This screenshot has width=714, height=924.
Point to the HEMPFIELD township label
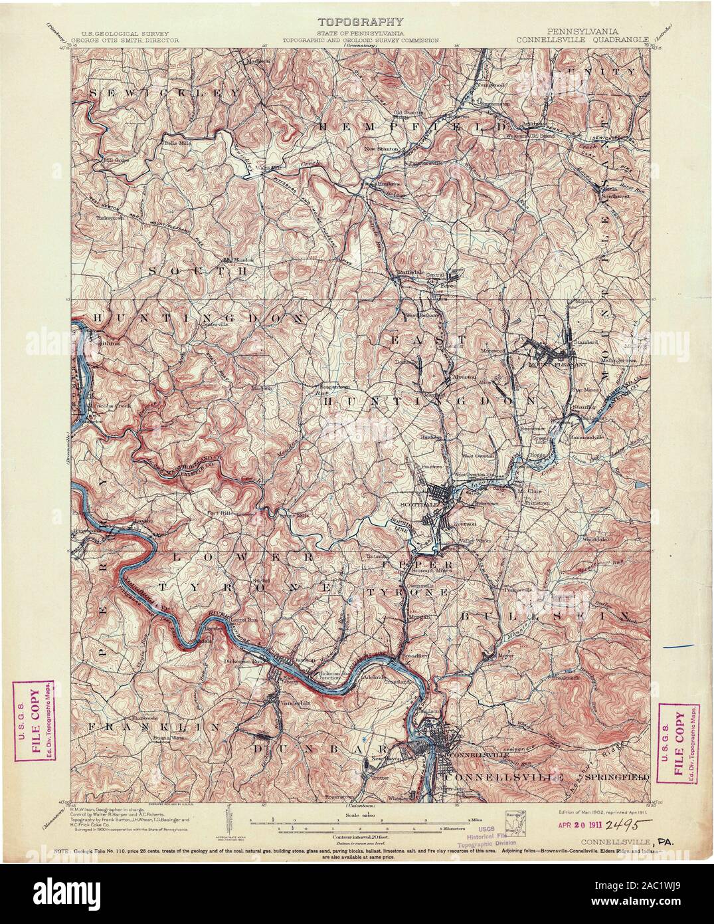point(412,125)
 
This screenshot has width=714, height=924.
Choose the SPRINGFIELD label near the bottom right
point(620,776)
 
